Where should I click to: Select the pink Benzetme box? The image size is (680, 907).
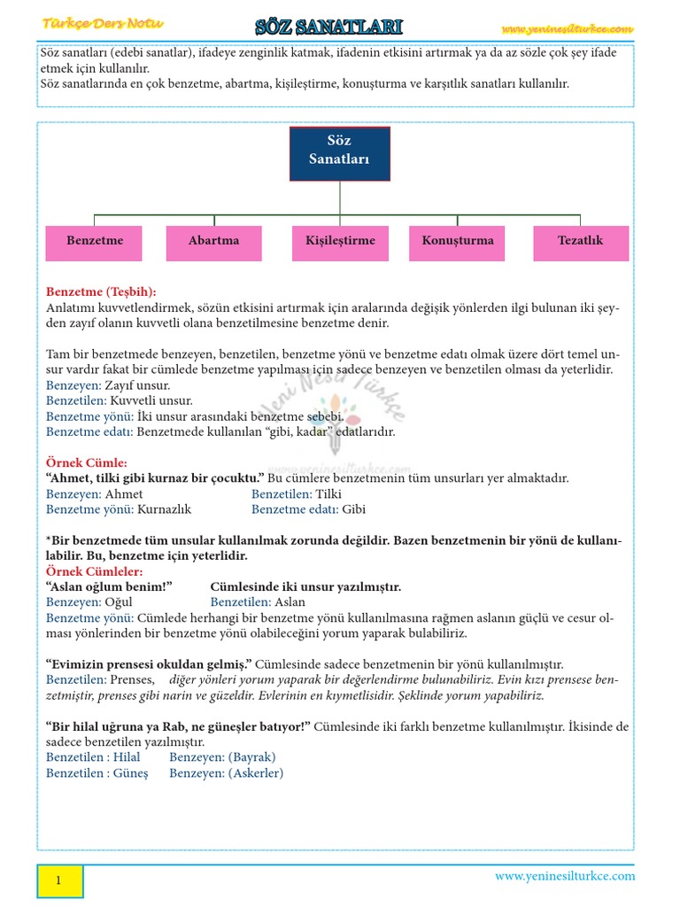point(95,242)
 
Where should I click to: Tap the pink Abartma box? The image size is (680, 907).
point(213,242)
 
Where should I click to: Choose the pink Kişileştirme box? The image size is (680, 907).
point(340,242)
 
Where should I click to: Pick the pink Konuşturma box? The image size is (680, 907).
point(458,242)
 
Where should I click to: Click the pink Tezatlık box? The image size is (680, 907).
point(580,242)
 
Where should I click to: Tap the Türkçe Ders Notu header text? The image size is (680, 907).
point(104,24)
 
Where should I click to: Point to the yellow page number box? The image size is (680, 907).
point(59,880)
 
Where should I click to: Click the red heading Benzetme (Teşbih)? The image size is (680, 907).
point(101,291)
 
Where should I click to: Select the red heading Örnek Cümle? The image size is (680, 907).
point(87,463)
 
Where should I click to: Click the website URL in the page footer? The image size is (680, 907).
point(565,876)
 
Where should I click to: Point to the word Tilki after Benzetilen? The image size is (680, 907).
point(328,494)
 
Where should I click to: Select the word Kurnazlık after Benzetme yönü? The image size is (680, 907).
point(165,509)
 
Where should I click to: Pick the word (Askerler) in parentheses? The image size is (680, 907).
point(256,773)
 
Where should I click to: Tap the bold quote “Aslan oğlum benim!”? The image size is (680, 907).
point(108,586)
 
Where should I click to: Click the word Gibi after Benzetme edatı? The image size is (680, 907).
point(353,509)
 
